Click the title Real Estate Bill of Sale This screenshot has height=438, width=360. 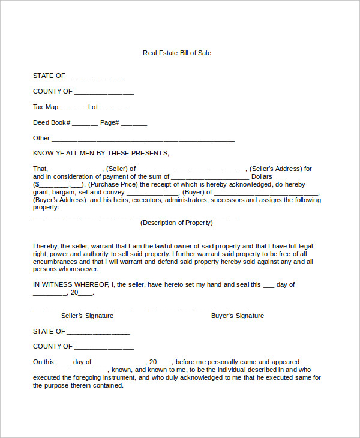177,53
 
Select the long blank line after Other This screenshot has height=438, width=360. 143,140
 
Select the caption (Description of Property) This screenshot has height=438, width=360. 176,223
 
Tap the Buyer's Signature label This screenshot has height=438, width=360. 238,316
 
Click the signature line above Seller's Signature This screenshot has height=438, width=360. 81,310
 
